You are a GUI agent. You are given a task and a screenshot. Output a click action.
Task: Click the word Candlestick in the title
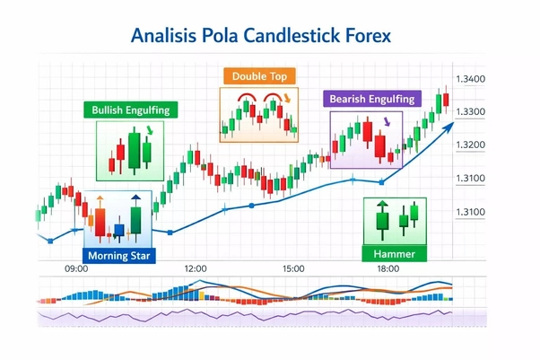point(300,37)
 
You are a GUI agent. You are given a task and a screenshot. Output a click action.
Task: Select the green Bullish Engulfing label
point(131,110)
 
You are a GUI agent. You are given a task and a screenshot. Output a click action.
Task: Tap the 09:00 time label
point(76,268)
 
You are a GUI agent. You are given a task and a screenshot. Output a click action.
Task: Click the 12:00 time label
point(196,268)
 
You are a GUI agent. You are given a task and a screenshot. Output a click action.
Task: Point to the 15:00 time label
point(293,268)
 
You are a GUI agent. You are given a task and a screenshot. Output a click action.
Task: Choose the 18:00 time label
point(388,268)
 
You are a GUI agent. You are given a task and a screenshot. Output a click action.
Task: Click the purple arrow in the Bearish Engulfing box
point(387,121)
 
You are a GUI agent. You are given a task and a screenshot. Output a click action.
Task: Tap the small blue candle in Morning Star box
point(119,231)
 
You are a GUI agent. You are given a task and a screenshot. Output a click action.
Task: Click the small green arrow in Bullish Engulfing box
point(149,131)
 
